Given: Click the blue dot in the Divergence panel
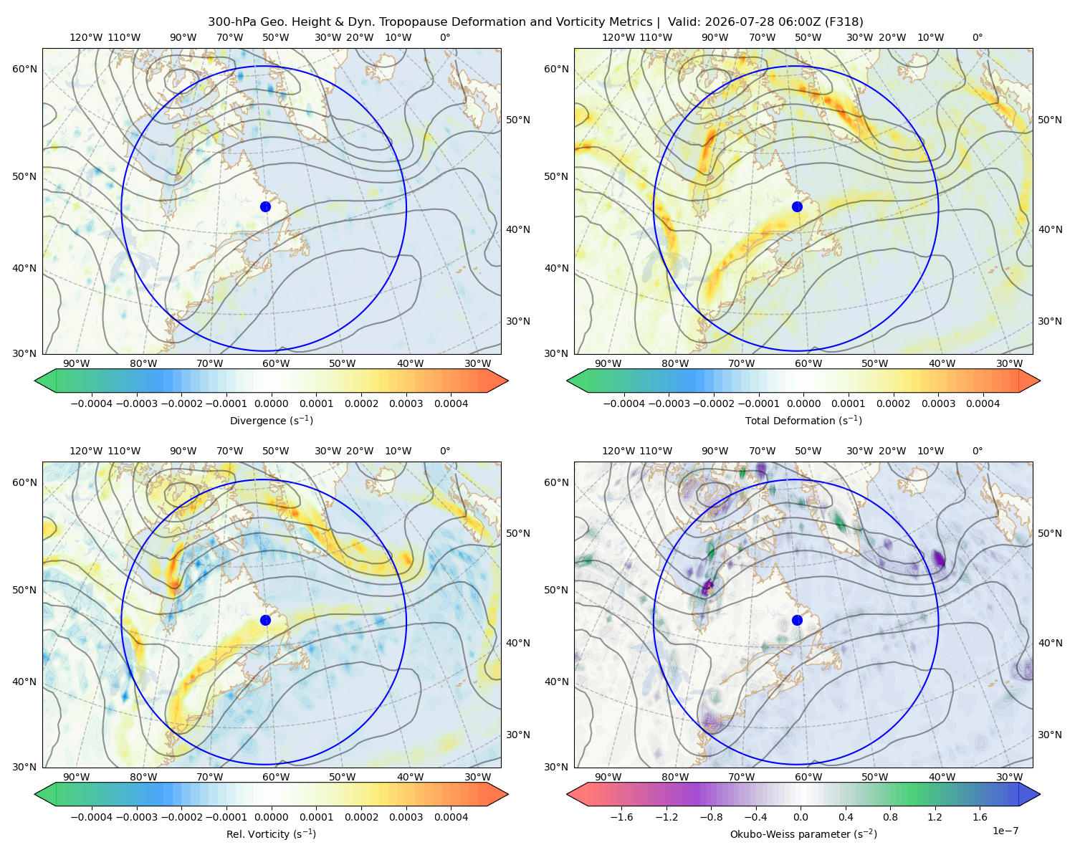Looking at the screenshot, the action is coord(265,207).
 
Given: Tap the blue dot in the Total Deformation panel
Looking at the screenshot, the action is coord(797,207).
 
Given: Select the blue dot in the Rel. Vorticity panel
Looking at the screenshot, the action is coord(265,620).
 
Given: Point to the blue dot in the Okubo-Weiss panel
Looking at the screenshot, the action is coord(797,620).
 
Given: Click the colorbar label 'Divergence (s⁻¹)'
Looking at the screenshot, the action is coord(271,421).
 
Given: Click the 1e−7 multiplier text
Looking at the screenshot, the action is coord(1005,831).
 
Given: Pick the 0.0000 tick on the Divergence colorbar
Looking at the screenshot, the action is coord(271,403).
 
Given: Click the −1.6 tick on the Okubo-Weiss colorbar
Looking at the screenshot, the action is coord(621,817).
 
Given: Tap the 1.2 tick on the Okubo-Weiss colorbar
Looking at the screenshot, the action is coord(935,817).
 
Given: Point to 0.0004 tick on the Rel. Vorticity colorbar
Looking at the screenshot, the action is coord(451,817).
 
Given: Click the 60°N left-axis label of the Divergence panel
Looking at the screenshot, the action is coord(24,69).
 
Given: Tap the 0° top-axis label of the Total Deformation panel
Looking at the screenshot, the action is coord(977,37).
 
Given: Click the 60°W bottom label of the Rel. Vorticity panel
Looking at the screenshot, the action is coord(276,777).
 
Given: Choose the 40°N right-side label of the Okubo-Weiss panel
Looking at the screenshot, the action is coord(1050,643).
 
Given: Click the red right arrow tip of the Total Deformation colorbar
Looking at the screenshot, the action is coord(1039,381).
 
